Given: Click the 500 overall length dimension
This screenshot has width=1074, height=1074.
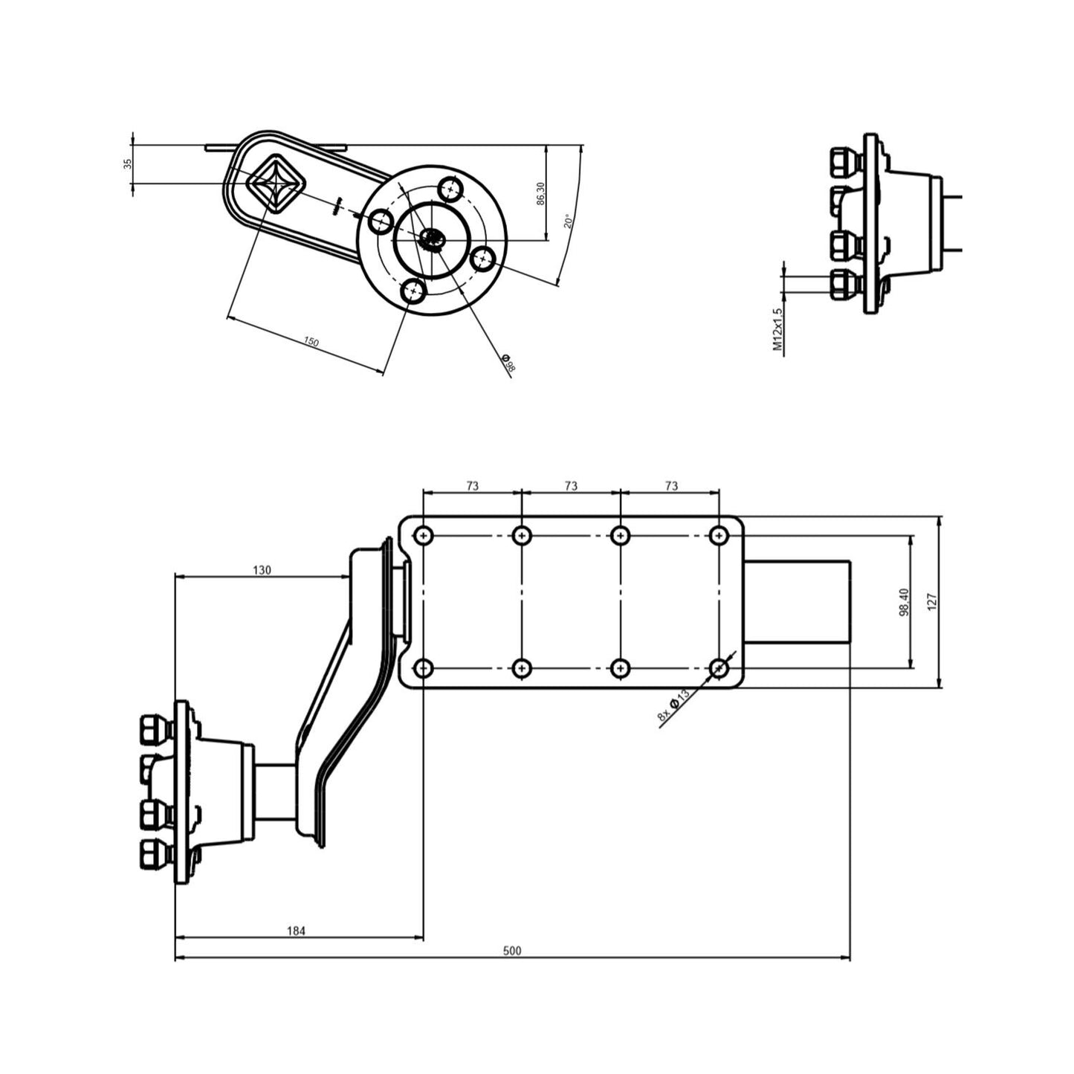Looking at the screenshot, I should pyautogui.click(x=512, y=951).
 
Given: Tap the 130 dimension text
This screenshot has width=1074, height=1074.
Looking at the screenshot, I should pyautogui.click(x=262, y=570).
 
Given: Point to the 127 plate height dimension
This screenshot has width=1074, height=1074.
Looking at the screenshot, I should pyautogui.click(x=933, y=601).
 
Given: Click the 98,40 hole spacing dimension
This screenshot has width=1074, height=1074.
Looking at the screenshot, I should pyautogui.click(x=904, y=601).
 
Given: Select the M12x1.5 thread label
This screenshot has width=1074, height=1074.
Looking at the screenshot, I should pyautogui.click(x=777, y=329).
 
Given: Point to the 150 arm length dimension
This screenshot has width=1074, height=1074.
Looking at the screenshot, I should pyautogui.click(x=311, y=342).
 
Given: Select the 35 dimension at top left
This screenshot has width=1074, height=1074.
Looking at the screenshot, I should pyautogui.click(x=127, y=164).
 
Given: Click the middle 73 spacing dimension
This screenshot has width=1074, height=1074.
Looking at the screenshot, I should pyautogui.click(x=570, y=486).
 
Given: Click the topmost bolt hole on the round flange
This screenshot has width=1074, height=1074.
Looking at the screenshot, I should pyautogui.click(x=450, y=189).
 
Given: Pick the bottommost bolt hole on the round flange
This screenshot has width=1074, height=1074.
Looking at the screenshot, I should pyautogui.click(x=413, y=291).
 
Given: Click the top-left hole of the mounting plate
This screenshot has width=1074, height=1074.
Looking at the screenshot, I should pyautogui.click(x=424, y=535).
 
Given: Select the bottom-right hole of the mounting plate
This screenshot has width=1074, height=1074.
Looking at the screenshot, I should pyautogui.click(x=718, y=669).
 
